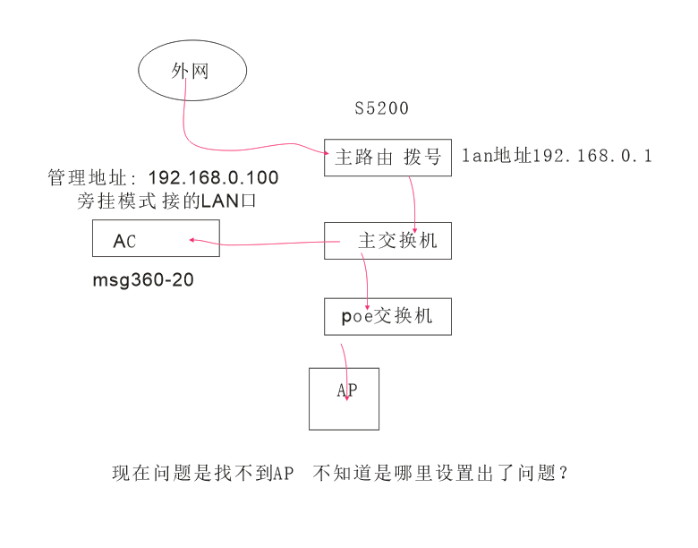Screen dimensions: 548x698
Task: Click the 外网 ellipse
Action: click(192, 71)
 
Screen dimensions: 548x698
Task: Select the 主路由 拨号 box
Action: click(387, 158)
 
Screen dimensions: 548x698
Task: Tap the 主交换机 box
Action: click(387, 242)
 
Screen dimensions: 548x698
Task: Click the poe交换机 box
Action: click(387, 316)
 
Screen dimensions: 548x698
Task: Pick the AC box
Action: click(156, 239)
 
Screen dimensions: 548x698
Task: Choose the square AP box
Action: click(344, 398)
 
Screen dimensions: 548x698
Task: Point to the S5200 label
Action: click(382, 108)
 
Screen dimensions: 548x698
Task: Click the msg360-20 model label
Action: click(143, 280)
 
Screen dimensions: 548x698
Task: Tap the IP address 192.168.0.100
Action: click(213, 178)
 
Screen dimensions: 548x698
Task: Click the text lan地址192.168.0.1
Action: click(556, 157)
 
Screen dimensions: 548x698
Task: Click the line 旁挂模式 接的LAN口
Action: click(166, 201)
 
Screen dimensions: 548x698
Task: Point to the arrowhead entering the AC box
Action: click(191, 239)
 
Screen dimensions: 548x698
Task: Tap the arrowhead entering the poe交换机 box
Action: click(366, 303)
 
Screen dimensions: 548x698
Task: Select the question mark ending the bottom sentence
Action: click(563, 473)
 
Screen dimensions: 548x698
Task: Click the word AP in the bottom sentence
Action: click(284, 473)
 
